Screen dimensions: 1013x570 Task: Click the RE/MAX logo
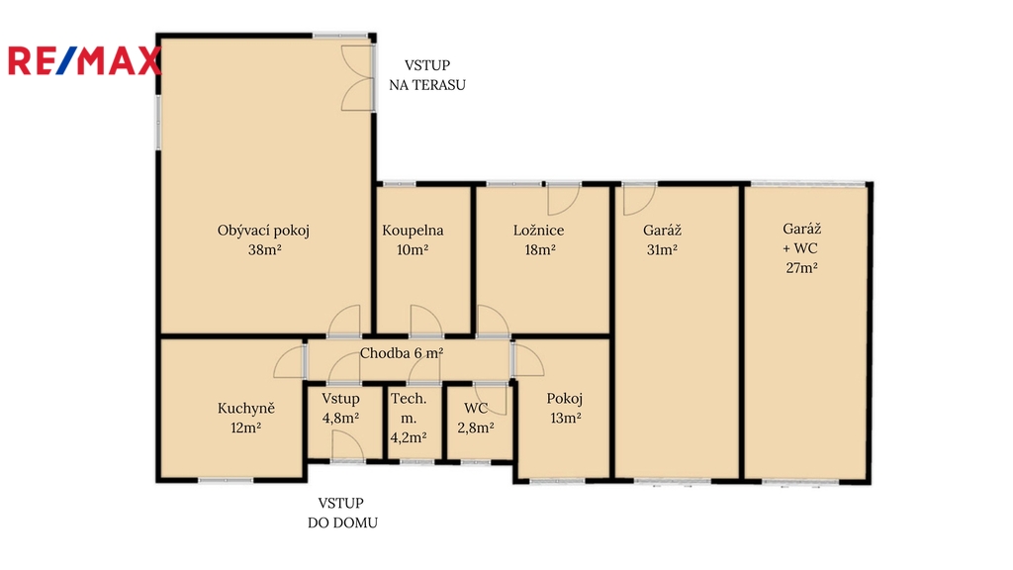84,60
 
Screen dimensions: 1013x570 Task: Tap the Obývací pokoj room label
263,231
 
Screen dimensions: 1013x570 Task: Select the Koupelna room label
413,230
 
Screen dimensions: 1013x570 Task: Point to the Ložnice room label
539,230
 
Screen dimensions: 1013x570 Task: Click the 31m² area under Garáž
662,249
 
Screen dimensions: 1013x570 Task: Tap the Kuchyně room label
246,409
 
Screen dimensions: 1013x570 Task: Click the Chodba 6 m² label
402,353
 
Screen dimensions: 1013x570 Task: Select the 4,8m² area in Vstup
340,419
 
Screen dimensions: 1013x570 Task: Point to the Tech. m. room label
409,408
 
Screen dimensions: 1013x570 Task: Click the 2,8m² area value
476,427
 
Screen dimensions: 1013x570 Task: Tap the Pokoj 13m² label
565,408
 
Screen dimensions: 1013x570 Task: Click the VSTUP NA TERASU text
427,75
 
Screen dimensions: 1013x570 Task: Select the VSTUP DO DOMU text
342,514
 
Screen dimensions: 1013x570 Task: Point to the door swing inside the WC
491,400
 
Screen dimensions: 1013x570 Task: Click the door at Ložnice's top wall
563,200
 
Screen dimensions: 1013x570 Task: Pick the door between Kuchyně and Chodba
290,362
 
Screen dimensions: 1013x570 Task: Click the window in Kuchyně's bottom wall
226,480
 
